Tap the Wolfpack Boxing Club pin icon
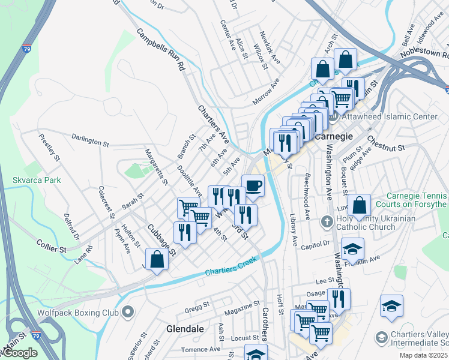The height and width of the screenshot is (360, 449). (127, 312)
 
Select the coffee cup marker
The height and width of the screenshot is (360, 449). (253, 185)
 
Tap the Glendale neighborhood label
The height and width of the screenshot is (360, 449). (185, 329)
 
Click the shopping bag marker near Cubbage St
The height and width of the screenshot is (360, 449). (157, 260)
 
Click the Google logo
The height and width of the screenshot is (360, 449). (19, 353)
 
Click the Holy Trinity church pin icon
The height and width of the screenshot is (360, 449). (327, 221)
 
